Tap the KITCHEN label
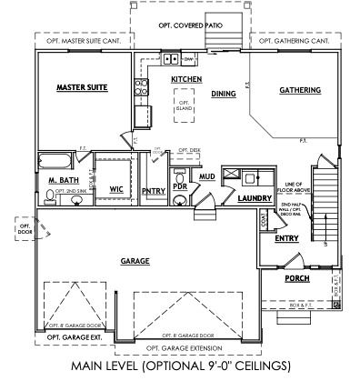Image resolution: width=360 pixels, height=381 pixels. click(186, 80)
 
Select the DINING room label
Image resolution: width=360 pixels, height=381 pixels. click(224, 93)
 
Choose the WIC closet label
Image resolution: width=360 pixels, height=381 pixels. click(115, 189)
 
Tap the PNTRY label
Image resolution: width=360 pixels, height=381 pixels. click(153, 190)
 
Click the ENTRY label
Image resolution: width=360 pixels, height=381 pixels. click(286, 238)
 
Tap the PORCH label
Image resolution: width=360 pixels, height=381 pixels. click(296, 278)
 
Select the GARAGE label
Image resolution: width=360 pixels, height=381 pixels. click(135, 260)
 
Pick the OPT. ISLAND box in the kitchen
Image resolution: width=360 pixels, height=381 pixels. click(183, 106)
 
